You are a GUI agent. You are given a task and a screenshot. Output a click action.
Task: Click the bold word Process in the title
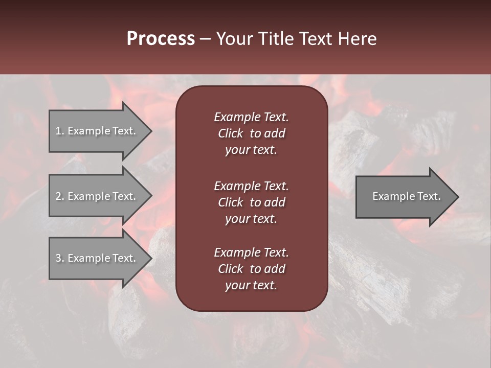161,39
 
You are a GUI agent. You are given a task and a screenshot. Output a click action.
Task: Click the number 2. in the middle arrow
60,196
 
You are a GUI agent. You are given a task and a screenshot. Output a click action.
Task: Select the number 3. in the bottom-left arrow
60,258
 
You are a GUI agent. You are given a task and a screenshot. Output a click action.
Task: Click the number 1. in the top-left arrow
60,131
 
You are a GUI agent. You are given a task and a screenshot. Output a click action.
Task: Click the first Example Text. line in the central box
251,117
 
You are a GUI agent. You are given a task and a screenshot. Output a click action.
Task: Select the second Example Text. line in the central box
251,186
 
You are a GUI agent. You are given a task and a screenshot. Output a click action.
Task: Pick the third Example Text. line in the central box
251,252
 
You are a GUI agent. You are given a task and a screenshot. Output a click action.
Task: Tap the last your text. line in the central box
251,286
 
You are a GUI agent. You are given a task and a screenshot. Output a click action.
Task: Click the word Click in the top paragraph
230,133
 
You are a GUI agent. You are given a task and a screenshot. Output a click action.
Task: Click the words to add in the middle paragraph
267,202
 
